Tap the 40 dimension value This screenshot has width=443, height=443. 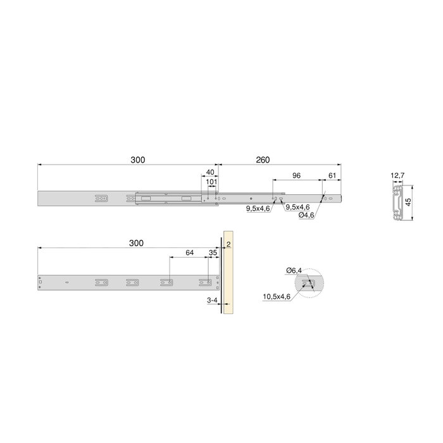(x=210, y=172)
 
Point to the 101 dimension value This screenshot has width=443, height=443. (x=211, y=182)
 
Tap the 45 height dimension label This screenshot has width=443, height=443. (x=409, y=203)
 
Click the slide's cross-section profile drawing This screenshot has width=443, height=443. (x=397, y=203)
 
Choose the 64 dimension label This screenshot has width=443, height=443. (x=189, y=253)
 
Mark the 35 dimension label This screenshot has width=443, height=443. (x=213, y=253)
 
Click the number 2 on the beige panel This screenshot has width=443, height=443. (x=228, y=243)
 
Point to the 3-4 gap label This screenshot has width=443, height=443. (x=212, y=302)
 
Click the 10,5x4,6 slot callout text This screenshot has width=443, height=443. (x=277, y=296)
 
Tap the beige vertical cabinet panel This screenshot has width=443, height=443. (x=228, y=278)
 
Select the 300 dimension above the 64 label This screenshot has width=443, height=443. (x=135, y=243)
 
